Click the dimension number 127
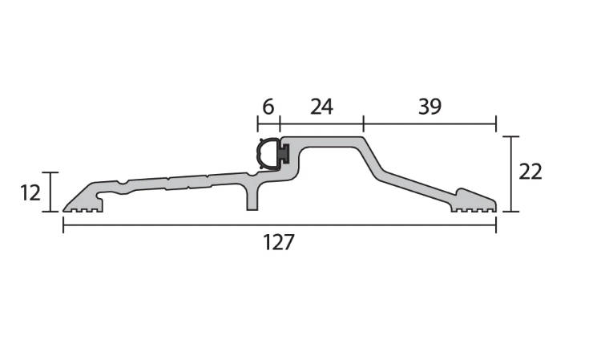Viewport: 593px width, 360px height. pyautogui.click(x=278, y=242)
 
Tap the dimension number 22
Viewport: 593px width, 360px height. pyautogui.click(x=530, y=172)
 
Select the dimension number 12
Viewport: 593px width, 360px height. pyautogui.click(x=30, y=193)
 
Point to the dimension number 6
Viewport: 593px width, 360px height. pyautogui.click(x=268, y=107)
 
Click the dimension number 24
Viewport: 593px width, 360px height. pyautogui.click(x=322, y=107)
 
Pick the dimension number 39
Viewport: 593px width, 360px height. pyautogui.click(x=430, y=107)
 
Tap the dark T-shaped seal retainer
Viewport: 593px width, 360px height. pyautogui.click(x=284, y=154)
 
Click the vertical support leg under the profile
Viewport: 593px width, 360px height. pyautogui.click(x=252, y=197)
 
